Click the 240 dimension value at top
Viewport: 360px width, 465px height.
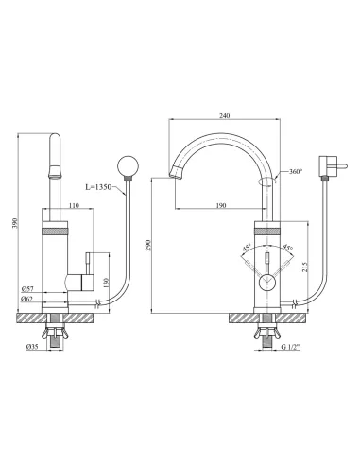pyautogui.click(x=225, y=115)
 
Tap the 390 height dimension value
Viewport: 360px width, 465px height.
pyautogui.click(x=15, y=223)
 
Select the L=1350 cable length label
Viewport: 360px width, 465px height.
pyautogui.click(x=98, y=187)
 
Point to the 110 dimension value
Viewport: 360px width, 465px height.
pyautogui.click(x=74, y=205)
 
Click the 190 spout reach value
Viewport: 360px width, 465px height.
pyautogui.click(x=221, y=205)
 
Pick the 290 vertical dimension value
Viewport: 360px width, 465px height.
pyautogui.click(x=148, y=246)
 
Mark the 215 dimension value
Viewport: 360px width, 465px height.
pyautogui.click(x=304, y=267)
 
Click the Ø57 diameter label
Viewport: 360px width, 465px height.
pyautogui.click(x=27, y=288)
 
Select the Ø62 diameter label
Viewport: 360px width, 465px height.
pyautogui.click(x=27, y=299)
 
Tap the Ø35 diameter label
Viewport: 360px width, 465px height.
pyautogui.click(x=32, y=347)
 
